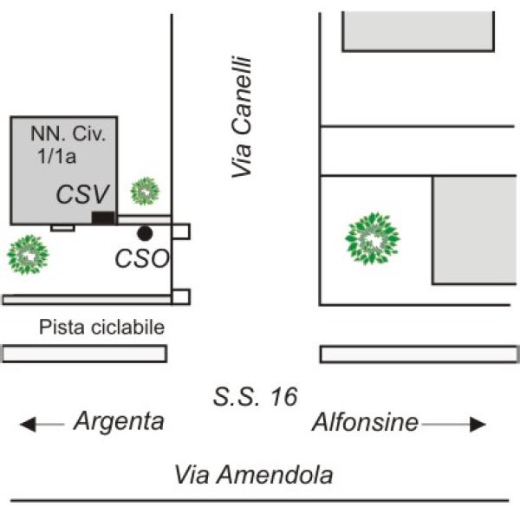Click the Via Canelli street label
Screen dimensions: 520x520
[x=242, y=117]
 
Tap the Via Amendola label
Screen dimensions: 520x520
[x=253, y=475]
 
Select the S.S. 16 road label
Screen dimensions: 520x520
[x=255, y=398]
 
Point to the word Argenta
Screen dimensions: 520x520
[x=119, y=422]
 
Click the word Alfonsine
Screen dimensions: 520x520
[x=365, y=423]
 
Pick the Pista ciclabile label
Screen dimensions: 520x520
[x=101, y=328]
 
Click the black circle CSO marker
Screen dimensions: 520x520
[x=145, y=233]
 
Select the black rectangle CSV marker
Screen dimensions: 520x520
[x=103, y=218]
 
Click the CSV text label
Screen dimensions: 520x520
[x=84, y=194]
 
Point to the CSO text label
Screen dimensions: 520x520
[x=142, y=258]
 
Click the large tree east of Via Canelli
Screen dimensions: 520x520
[x=373, y=238]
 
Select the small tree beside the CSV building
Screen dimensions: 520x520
[x=145, y=190]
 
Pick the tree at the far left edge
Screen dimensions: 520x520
[x=28, y=255]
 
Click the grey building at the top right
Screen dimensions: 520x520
[x=419, y=31]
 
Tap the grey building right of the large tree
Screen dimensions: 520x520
[x=475, y=230]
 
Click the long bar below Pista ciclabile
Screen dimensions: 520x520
[x=84, y=354]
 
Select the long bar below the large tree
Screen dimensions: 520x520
[x=419, y=354]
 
